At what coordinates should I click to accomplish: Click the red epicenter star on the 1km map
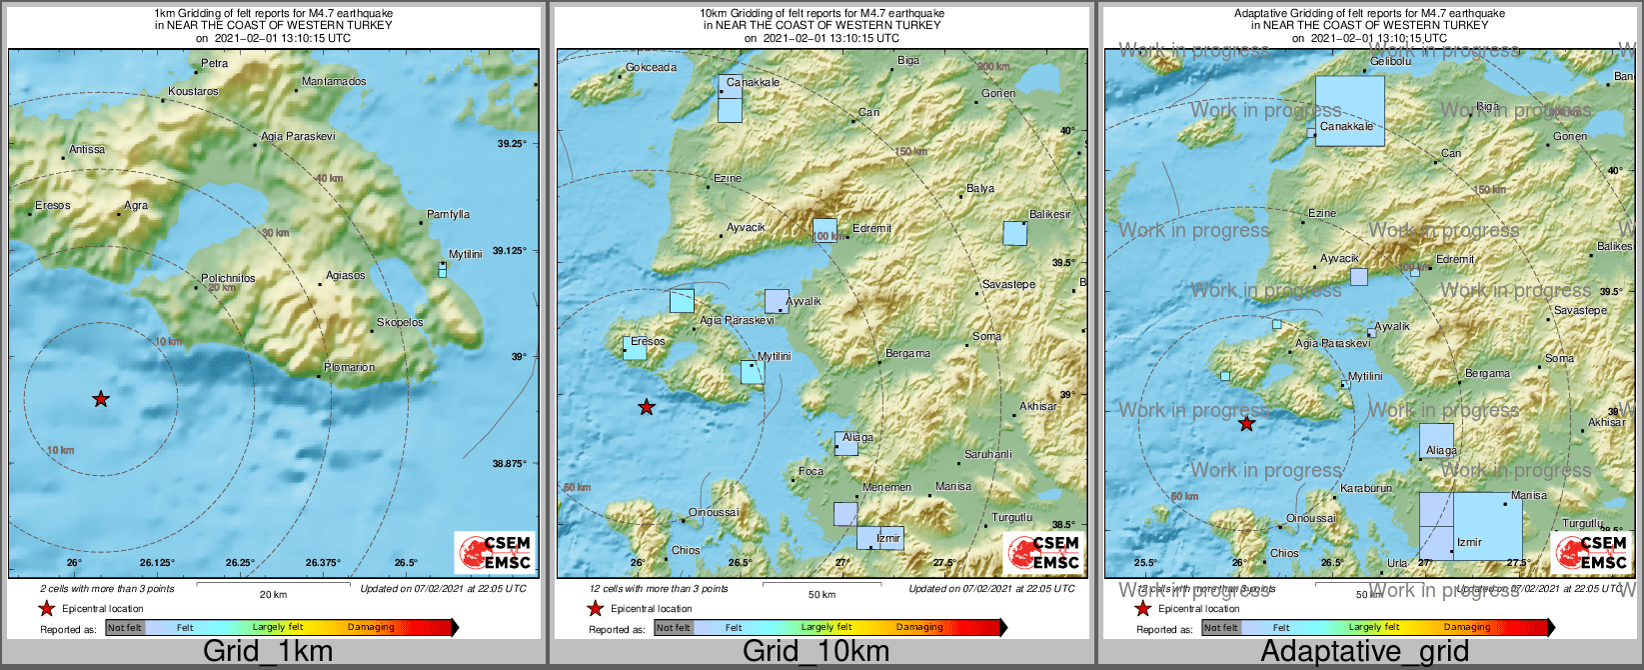(x=100, y=399)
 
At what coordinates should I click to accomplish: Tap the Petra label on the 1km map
(x=214, y=63)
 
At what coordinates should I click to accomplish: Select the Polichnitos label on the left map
(x=228, y=278)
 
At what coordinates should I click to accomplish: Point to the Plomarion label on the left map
(x=350, y=367)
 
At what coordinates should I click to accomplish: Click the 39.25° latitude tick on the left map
(x=511, y=144)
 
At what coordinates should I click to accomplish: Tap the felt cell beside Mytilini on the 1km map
(x=442, y=270)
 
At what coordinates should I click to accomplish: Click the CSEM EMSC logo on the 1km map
(x=494, y=553)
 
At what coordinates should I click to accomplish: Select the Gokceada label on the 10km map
(x=651, y=68)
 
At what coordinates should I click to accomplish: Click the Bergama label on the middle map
(x=907, y=353)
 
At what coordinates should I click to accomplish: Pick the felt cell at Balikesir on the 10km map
(x=1014, y=233)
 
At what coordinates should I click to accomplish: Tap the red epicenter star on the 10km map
(x=647, y=407)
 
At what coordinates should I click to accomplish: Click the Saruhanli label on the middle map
(x=987, y=454)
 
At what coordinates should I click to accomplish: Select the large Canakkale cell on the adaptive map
(x=1349, y=110)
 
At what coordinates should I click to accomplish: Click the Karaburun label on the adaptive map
(x=1365, y=488)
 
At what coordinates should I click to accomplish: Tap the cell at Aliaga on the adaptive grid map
(x=1436, y=441)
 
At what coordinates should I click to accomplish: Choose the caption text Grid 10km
(x=816, y=652)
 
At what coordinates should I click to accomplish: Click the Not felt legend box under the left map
(x=125, y=627)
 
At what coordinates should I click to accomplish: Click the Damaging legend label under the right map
(x=1466, y=627)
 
